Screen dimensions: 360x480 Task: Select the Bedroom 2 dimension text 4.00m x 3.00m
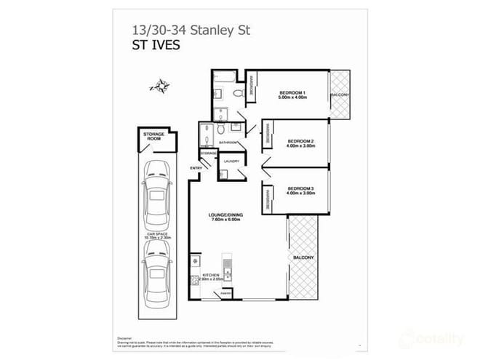coord(300,146)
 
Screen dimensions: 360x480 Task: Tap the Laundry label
coord(231,161)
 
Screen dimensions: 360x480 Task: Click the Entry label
coord(196,168)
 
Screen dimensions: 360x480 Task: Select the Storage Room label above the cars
coord(152,136)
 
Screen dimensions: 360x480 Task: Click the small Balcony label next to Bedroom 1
coord(340,95)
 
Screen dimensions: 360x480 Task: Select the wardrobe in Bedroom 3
coord(268,196)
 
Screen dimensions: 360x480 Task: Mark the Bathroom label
coord(219,143)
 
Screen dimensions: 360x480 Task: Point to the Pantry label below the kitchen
coord(225,294)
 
